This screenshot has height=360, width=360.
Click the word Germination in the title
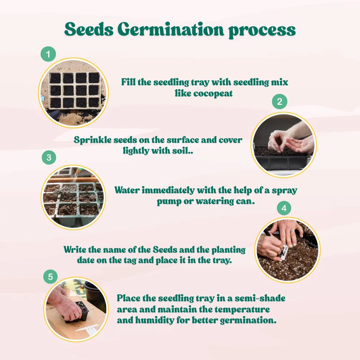click(x=171, y=30)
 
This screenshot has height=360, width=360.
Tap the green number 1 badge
click(x=48, y=54)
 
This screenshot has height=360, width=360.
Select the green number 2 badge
click(x=279, y=101)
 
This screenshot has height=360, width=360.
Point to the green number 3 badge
click(x=49, y=158)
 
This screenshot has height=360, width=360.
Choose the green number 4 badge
click(x=284, y=208)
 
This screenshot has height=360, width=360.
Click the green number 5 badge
click(x=50, y=276)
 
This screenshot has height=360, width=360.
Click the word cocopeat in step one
click(x=213, y=94)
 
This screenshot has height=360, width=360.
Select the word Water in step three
click(x=127, y=190)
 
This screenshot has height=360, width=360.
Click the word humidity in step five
click(x=154, y=320)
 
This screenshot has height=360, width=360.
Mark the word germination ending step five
click(x=248, y=320)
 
